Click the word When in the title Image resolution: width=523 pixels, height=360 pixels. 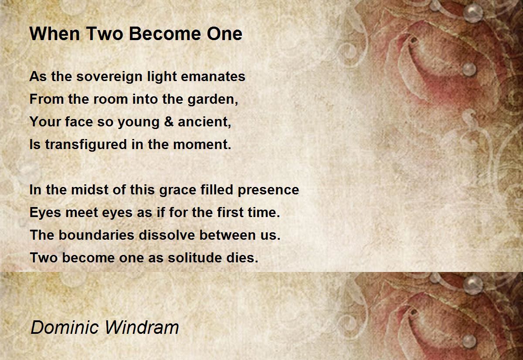[54, 34]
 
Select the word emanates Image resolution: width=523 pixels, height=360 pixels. [213, 77]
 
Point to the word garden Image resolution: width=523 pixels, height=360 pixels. [213, 100]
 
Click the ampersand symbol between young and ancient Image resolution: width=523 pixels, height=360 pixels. [169, 122]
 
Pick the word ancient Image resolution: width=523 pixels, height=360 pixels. [204, 122]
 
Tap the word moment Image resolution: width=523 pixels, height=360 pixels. [202, 145]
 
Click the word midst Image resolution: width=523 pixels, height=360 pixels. [90, 190]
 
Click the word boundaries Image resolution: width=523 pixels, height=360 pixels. [96, 235]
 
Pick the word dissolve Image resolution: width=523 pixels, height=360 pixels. [166, 235]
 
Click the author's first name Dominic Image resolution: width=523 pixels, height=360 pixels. [65, 328]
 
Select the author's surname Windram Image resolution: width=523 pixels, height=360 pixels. [142, 328]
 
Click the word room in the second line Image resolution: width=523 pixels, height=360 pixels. [110, 100]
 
